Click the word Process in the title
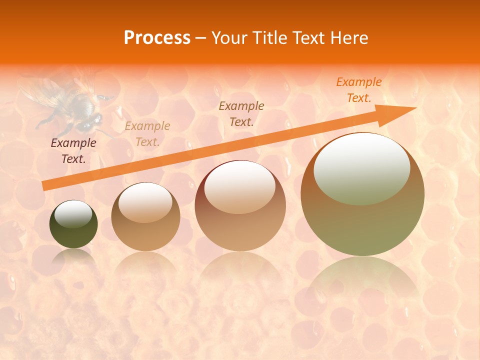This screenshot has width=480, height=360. (157, 38)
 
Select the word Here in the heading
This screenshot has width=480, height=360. (350, 38)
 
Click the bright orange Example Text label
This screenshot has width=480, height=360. (358, 90)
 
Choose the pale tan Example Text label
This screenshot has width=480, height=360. (147, 134)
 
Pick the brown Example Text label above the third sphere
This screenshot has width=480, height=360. (241, 113)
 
